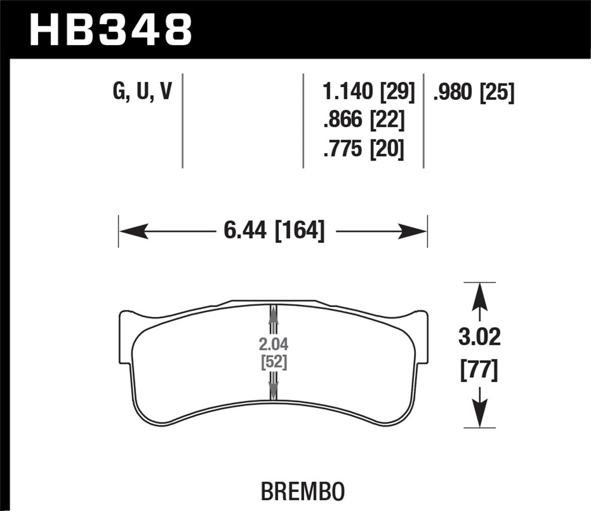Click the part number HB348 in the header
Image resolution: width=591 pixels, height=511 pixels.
click(x=111, y=30)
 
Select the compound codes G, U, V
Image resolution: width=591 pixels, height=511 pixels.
click(x=142, y=91)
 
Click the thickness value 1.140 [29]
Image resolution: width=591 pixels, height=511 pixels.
click(x=368, y=92)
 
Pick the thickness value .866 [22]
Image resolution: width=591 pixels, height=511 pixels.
click(x=363, y=120)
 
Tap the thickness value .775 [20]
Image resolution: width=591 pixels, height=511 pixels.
click(x=363, y=149)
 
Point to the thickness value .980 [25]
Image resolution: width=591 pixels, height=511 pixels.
click(x=473, y=92)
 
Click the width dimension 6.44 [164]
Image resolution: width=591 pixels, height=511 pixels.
click(x=274, y=231)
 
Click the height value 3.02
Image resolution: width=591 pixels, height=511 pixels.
click(x=479, y=338)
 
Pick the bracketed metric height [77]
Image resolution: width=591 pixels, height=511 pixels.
click(x=479, y=371)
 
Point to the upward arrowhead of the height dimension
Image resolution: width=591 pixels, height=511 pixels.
click(x=479, y=295)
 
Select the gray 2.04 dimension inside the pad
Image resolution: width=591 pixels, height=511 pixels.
click(x=273, y=345)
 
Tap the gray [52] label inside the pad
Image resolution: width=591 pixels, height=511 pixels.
click(x=273, y=362)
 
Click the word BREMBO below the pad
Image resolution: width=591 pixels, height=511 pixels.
click(x=303, y=491)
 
